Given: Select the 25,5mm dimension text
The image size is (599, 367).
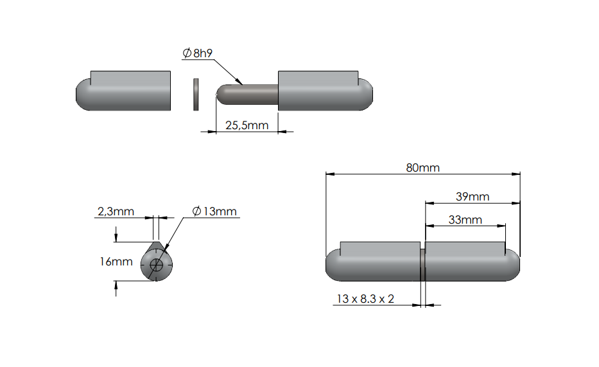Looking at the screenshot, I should (247, 125).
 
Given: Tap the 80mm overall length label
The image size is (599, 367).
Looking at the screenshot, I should (422, 167).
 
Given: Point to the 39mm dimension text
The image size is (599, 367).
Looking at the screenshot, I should (472, 196).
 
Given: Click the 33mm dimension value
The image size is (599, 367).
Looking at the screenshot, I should (465, 219).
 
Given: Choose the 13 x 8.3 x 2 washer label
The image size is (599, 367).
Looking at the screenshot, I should (365, 299).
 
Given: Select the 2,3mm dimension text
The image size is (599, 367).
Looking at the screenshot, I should (116, 211).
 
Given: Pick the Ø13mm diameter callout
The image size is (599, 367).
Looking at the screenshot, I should (214, 211).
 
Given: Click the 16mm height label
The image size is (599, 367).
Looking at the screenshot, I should (116, 262).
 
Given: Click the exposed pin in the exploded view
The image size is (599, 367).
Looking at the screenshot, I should (247, 94).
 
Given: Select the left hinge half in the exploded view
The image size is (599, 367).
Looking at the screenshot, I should (124, 92).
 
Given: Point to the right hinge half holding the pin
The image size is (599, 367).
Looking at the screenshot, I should (324, 92).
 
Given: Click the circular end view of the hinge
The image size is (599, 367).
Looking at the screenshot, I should (157, 264).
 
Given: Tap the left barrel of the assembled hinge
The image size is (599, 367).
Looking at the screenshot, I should (374, 264).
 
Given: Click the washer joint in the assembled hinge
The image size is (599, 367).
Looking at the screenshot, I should (422, 264).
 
